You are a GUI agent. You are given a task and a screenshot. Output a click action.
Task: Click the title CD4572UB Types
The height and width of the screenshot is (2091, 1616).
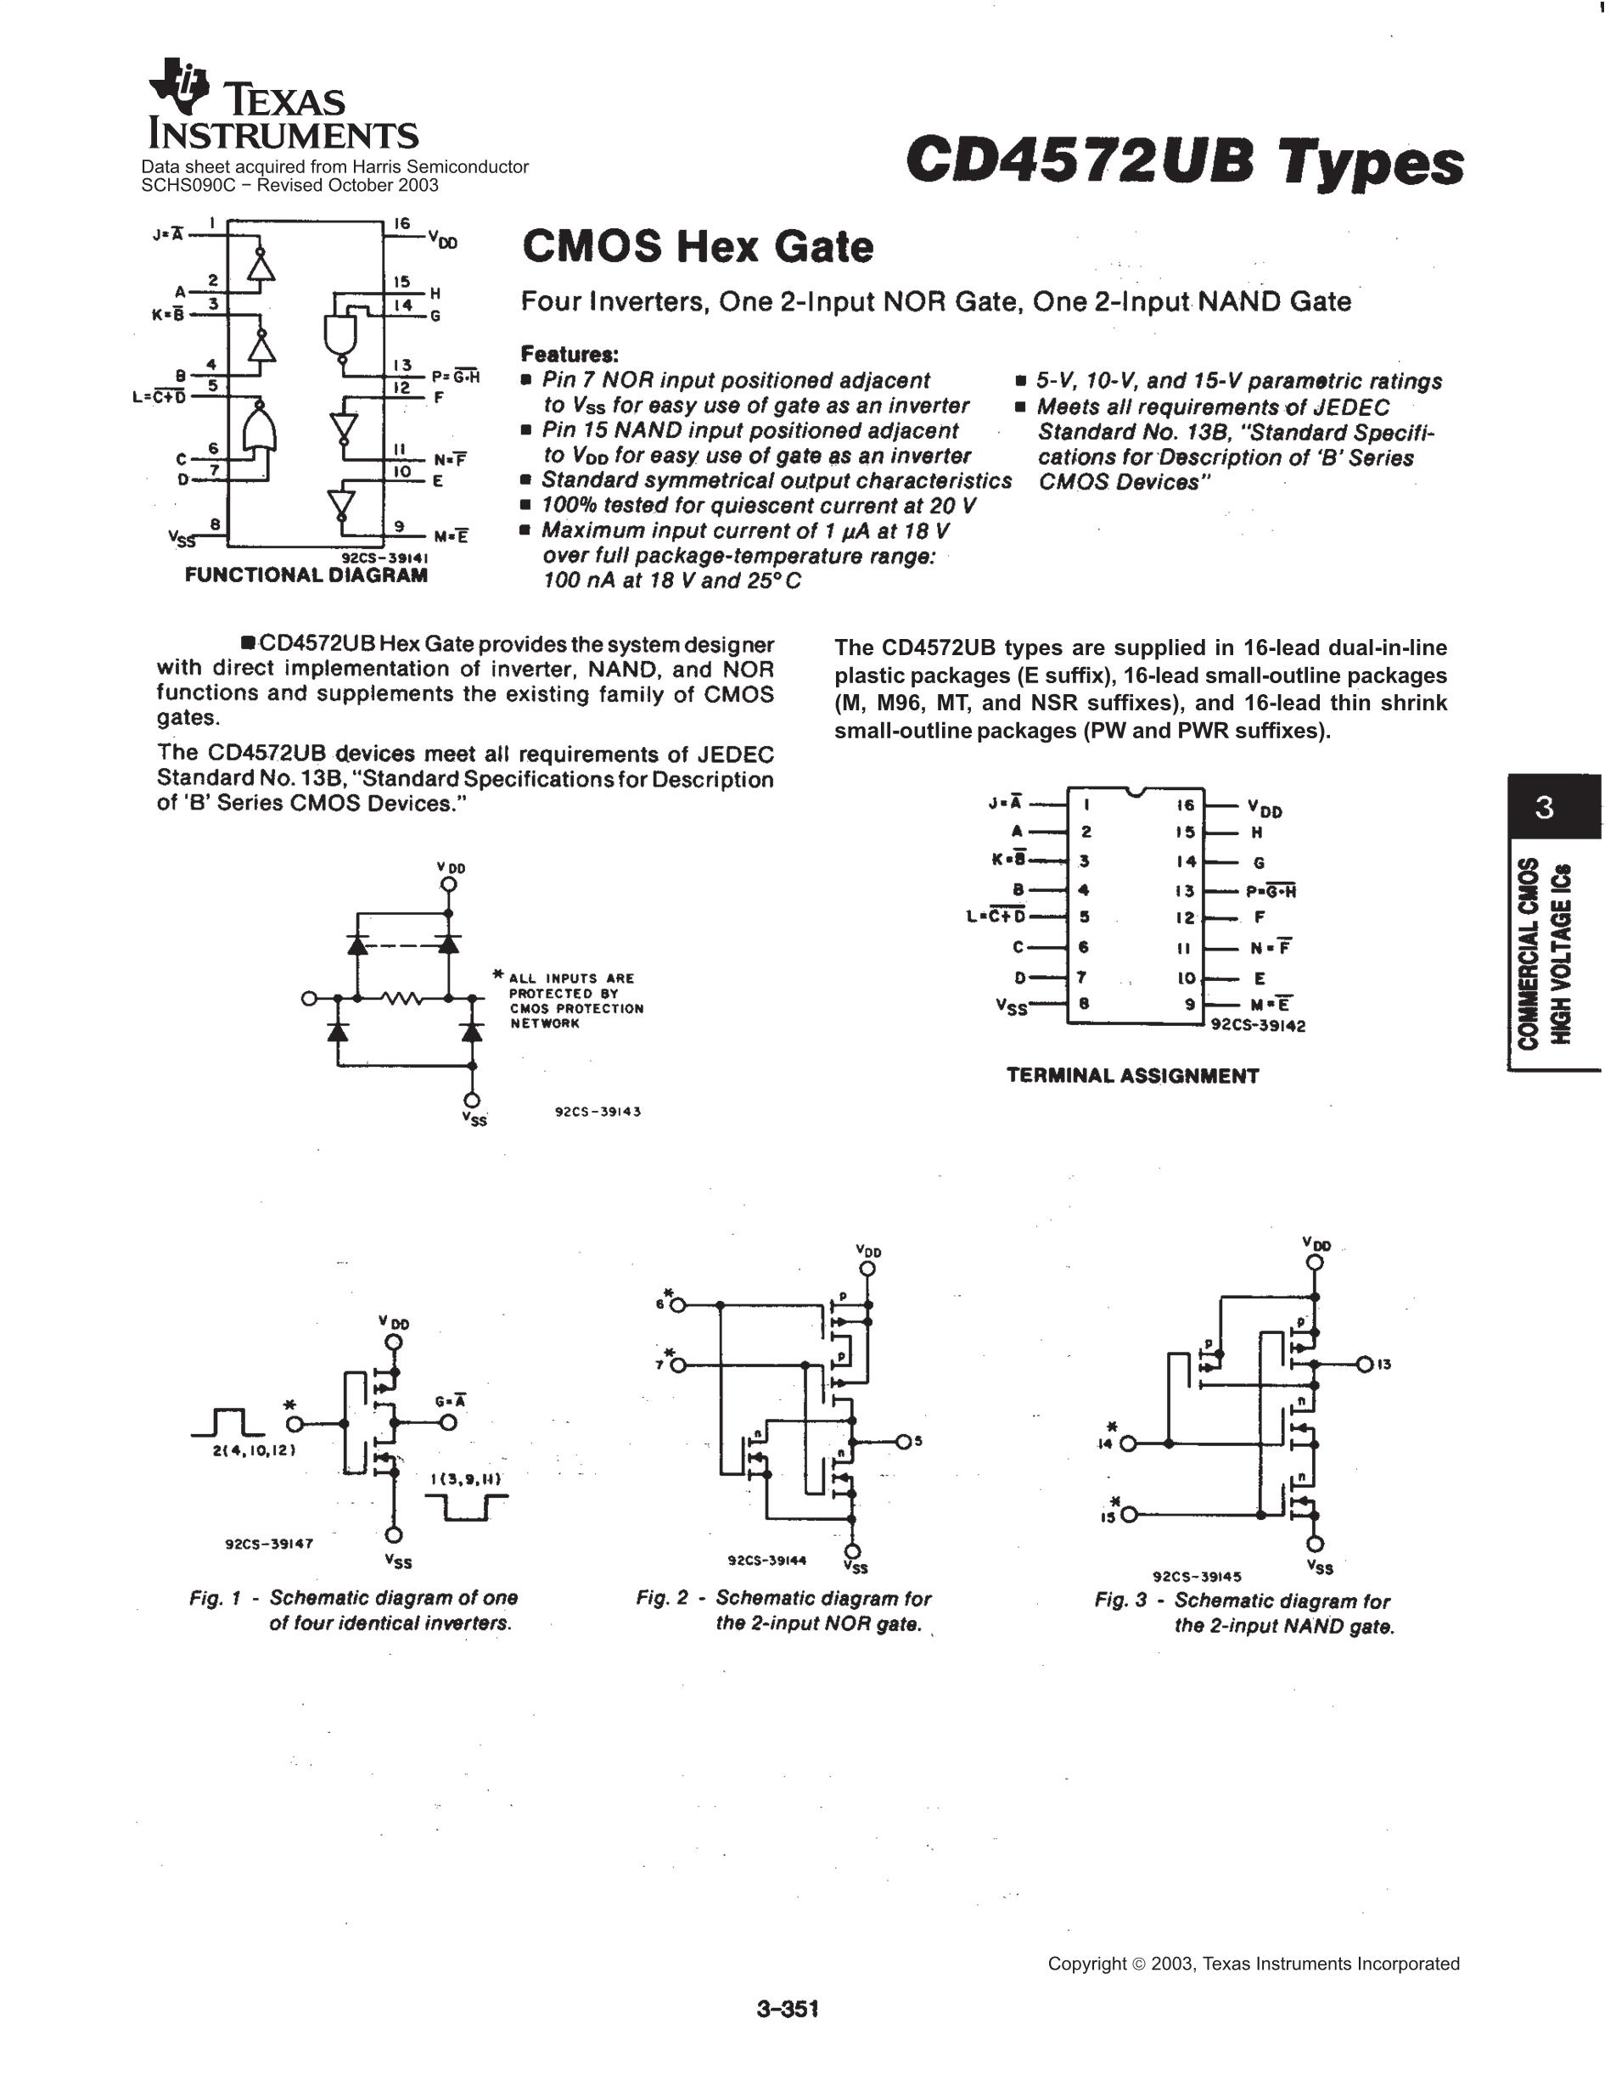click(x=1183, y=161)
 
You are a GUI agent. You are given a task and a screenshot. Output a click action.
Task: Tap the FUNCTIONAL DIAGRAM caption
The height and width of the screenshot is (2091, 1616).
click(x=306, y=575)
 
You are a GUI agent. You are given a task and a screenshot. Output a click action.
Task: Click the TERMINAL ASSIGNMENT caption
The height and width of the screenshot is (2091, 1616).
click(x=1132, y=1076)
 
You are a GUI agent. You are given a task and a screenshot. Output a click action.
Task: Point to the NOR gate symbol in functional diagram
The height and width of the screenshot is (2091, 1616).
click(x=260, y=427)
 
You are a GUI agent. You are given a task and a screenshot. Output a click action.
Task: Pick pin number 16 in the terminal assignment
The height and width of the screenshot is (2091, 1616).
click(x=1185, y=806)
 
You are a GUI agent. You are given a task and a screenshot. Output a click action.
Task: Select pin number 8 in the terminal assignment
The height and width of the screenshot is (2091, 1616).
click(x=1086, y=1004)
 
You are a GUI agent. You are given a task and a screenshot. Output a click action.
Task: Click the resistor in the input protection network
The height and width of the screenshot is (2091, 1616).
click(x=402, y=999)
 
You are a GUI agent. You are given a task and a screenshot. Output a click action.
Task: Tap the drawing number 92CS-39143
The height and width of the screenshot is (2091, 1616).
click(x=598, y=1112)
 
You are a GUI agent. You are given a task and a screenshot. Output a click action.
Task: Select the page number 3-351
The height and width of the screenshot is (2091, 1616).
click(x=787, y=2009)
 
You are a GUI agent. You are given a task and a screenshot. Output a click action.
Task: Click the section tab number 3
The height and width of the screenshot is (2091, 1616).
click(x=1544, y=808)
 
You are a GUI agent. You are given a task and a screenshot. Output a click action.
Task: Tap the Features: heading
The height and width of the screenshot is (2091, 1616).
click(x=570, y=354)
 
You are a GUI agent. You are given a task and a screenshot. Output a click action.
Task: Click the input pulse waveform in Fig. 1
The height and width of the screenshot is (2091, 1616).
click(x=227, y=1424)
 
